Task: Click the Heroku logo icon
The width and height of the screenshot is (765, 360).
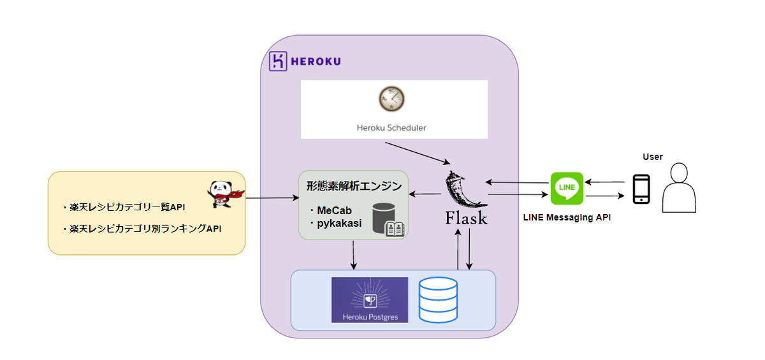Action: (x=278, y=61)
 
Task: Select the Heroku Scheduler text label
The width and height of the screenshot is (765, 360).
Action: (x=391, y=127)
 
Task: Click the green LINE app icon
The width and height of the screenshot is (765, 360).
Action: (x=567, y=188)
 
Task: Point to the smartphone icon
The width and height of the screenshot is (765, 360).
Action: (x=641, y=189)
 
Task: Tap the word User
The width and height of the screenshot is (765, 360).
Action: (x=653, y=157)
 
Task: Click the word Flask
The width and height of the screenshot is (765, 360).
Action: (x=466, y=219)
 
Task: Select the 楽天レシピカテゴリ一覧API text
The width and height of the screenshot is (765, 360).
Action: (x=124, y=207)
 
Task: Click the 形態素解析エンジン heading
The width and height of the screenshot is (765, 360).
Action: (x=353, y=187)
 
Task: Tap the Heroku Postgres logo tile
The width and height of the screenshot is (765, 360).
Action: (x=369, y=299)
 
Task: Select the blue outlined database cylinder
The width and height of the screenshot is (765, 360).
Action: (x=437, y=299)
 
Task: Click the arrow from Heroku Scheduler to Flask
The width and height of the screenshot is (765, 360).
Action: (x=418, y=154)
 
